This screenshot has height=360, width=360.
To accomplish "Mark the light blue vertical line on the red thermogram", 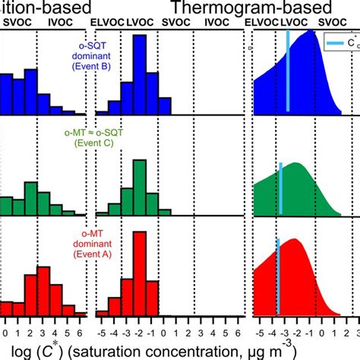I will (x=278, y=277).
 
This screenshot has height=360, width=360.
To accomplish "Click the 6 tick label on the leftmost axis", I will (x=79, y=331).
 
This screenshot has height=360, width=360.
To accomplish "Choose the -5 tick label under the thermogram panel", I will (x=260, y=331).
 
